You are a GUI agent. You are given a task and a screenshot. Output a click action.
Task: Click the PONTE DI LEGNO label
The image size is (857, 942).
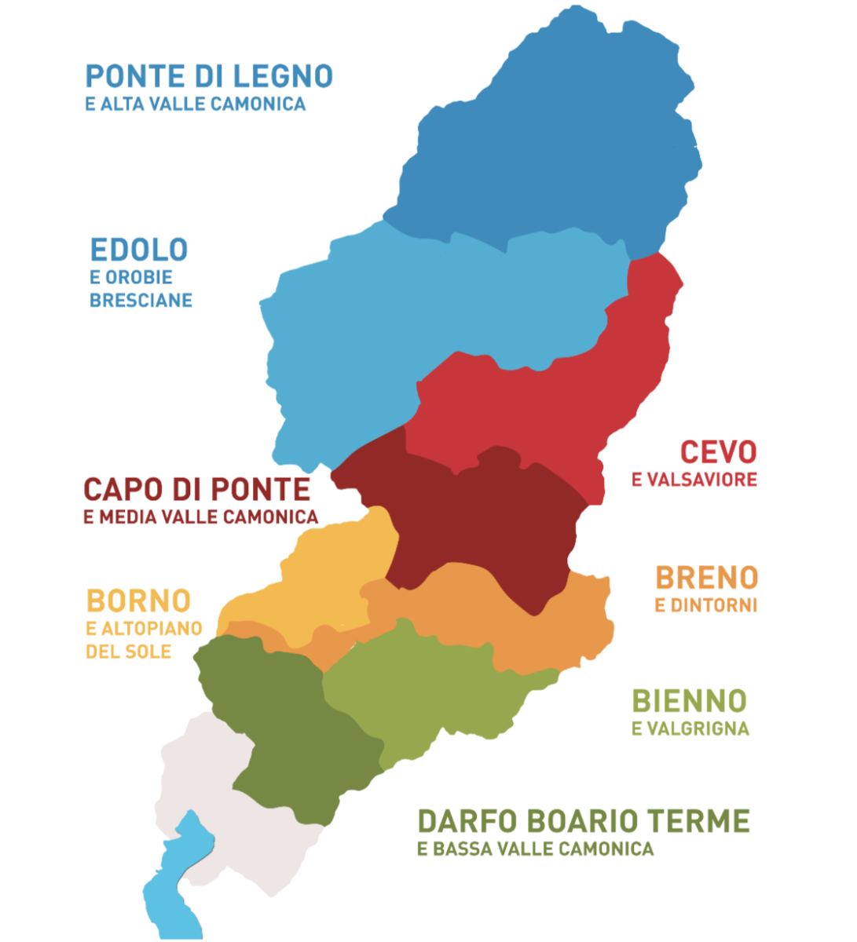point(209,77)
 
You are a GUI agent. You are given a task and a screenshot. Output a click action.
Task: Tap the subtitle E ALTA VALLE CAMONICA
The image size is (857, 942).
point(195,104)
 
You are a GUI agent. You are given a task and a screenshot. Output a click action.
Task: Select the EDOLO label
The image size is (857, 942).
point(139,250)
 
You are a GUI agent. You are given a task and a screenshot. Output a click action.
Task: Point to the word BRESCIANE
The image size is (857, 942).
point(141,301)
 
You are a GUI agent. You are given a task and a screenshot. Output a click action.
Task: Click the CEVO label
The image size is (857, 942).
point(718,452)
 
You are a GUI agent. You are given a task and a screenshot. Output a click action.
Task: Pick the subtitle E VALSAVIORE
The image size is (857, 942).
point(694,480)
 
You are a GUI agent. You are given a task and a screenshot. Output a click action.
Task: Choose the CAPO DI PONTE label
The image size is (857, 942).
point(196,490)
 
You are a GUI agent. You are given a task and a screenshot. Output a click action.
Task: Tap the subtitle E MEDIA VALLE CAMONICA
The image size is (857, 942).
point(200,517)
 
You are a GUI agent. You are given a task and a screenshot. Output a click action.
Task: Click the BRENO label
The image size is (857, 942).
point(706,579)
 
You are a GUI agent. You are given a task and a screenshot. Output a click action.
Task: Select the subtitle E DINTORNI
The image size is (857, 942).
point(705,605)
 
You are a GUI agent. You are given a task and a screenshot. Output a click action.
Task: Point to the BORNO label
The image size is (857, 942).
point(138,601)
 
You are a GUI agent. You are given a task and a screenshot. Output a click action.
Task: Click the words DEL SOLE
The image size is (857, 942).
point(128,652)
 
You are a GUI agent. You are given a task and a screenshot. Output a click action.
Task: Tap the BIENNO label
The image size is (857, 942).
point(689,701)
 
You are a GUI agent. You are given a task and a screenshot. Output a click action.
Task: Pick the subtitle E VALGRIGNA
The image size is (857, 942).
point(690,729)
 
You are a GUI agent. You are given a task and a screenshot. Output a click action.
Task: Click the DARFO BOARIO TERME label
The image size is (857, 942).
point(583,822)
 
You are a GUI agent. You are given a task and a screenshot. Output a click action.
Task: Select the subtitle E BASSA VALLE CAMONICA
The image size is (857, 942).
point(535,849)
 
